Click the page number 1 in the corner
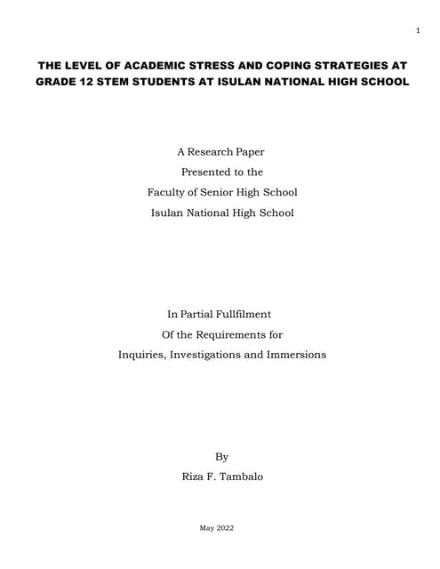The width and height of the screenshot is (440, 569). click(418, 33)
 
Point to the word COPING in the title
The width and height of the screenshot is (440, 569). click(300, 66)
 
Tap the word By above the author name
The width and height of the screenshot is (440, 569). click(221, 456)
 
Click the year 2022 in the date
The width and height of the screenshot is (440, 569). click(228, 529)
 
